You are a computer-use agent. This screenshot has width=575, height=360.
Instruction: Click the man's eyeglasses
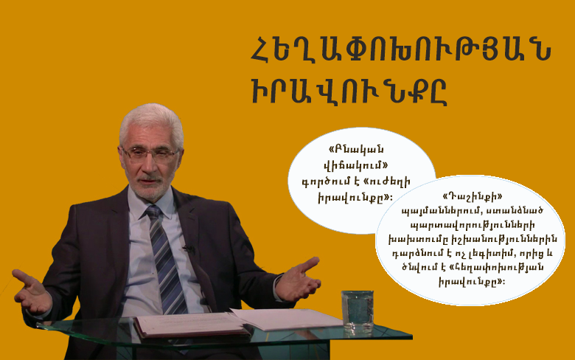point(150,153)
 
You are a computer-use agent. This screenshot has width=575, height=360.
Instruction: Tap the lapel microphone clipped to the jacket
point(189,249)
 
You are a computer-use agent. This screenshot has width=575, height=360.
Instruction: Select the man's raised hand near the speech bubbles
point(298,279)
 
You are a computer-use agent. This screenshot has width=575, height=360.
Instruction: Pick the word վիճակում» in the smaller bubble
point(355,165)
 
